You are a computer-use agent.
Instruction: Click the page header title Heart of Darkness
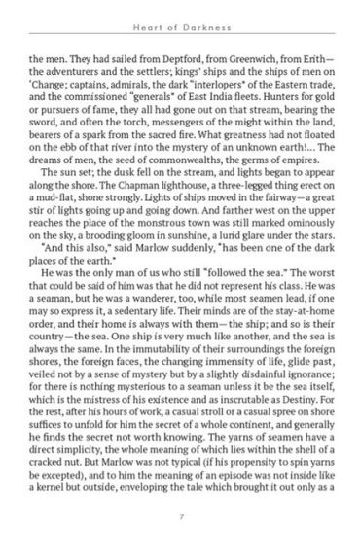coord(180,22)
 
